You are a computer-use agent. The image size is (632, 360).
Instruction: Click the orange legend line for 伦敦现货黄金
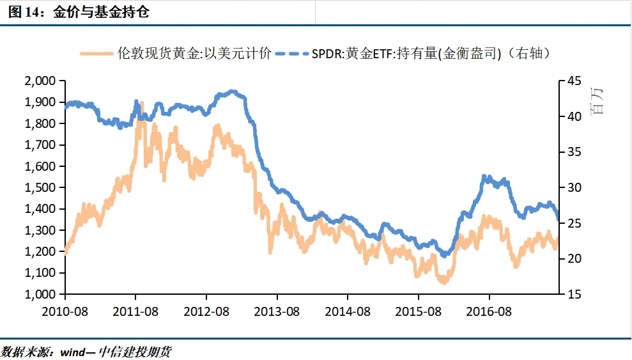(97, 54)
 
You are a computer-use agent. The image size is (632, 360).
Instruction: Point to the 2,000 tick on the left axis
(41, 81)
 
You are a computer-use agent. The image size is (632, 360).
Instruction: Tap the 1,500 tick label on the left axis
(41, 187)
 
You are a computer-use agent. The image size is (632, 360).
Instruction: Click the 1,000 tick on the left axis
(41, 294)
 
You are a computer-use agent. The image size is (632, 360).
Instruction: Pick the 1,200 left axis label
(41, 251)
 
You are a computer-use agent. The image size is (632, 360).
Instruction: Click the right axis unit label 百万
(597, 100)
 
